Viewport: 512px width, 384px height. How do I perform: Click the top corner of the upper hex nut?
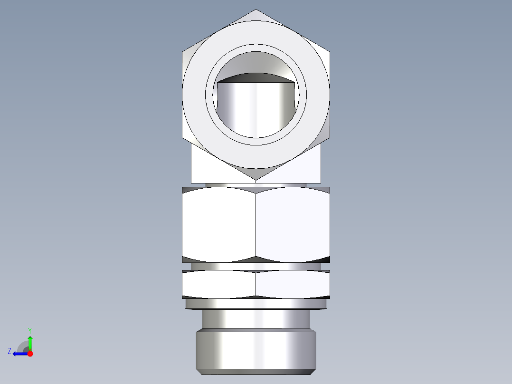click(256, 10)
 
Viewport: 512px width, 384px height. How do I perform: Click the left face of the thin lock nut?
click(218, 284)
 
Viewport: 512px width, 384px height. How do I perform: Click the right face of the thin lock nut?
click(293, 284)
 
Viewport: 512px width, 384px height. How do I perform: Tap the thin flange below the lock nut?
click(256, 304)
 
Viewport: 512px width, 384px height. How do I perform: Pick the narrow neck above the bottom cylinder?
click(256, 319)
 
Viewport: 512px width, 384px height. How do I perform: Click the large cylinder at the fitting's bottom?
click(256, 350)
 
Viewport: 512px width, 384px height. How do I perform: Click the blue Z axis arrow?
click(19, 354)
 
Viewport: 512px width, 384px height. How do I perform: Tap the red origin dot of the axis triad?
click(30, 354)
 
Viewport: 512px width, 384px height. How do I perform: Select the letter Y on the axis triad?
click(29, 330)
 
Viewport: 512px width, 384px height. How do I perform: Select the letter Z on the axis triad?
click(9, 351)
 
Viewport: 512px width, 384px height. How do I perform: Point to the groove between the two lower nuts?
click(256, 266)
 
